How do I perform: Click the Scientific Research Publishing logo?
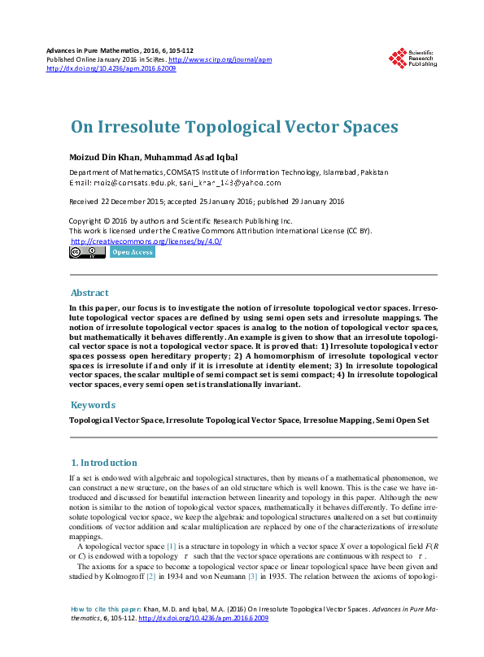pos(412,59)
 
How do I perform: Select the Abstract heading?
pos(89,293)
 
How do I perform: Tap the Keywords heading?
pos(93,405)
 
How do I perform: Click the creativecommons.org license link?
pos(146,241)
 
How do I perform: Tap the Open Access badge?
pos(132,252)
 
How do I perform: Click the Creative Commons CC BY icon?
pos(86,252)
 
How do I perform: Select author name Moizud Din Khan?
pos(102,157)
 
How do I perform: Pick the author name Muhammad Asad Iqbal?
pos(190,157)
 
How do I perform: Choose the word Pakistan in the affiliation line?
pos(374,172)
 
